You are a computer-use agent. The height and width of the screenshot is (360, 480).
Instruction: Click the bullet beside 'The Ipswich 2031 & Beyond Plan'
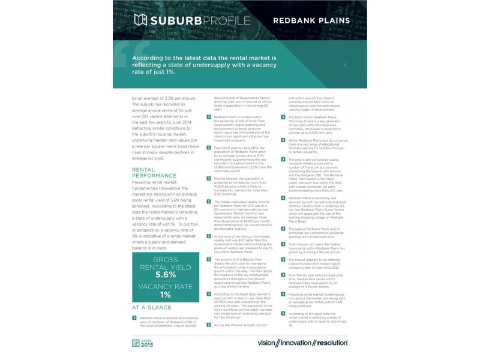coord(208,260)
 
